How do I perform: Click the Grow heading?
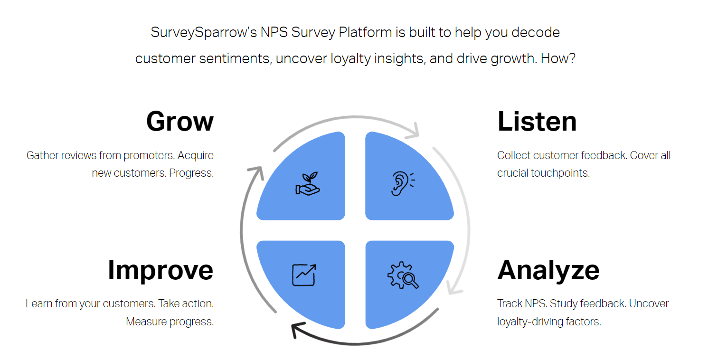pyautogui.click(x=180, y=122)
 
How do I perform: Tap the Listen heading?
pyautogui.click(x=537, y=122)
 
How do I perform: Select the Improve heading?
pyautogui.click(x=160, y=270)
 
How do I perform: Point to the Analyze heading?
pyautogui.click(x=548, y=270)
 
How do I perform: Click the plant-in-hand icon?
pyautogui.click(x=308, y=184)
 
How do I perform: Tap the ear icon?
pyautogui.click(x=401, y=184)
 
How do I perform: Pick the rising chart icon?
pyautogui.click(x=304, y=275)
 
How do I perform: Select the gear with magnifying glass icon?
pyautogui.click(x=403, y=276)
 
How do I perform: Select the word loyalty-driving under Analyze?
pyautogui.click(x=529, y=322)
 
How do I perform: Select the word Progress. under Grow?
pyautogui.click(x=191, y=173)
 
